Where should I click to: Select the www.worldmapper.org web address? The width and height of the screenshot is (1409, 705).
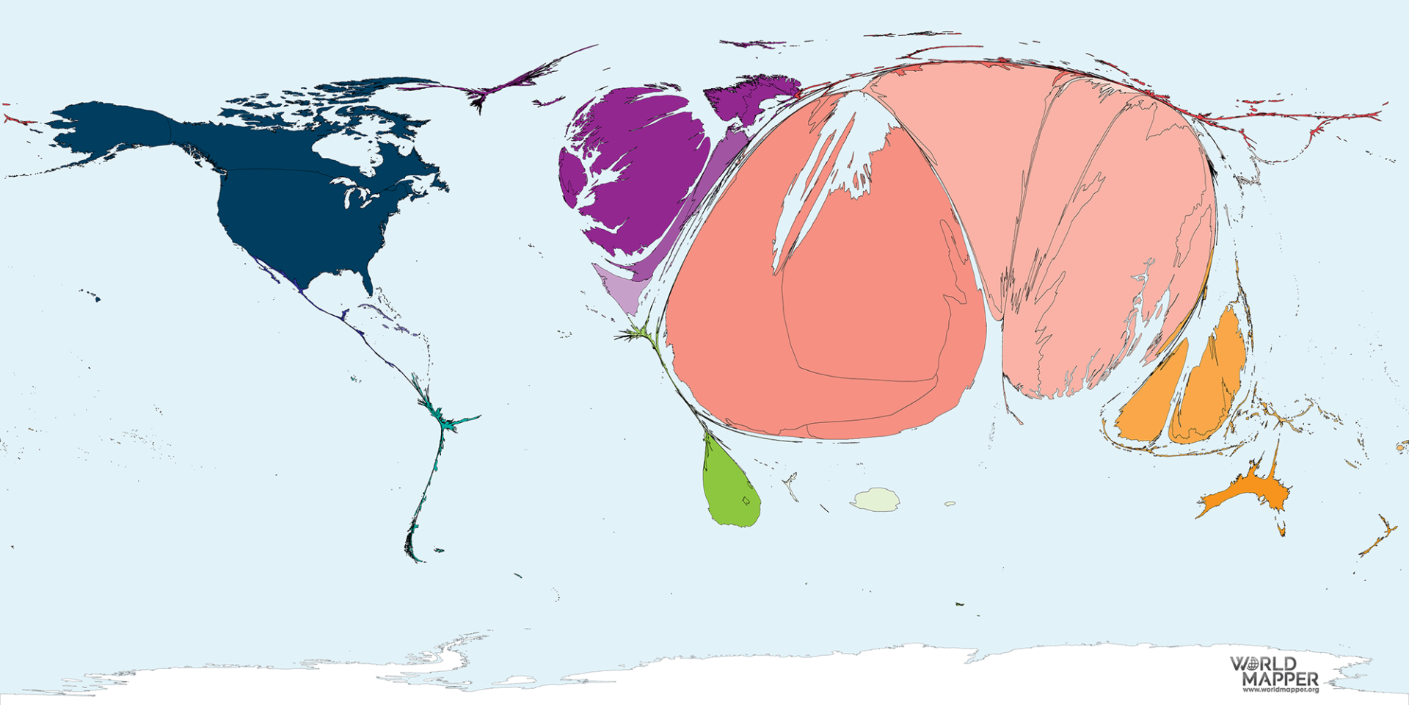click(1281, 690)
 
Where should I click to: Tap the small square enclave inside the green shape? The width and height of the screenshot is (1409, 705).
click(746, 502)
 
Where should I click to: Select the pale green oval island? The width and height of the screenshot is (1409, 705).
click(875, 499)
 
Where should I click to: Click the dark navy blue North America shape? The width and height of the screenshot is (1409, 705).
click(294, 213)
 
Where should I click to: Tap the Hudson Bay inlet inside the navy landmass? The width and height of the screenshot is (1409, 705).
click(345, 151)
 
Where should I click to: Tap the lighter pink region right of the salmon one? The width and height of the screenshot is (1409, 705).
click(1101, 220)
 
